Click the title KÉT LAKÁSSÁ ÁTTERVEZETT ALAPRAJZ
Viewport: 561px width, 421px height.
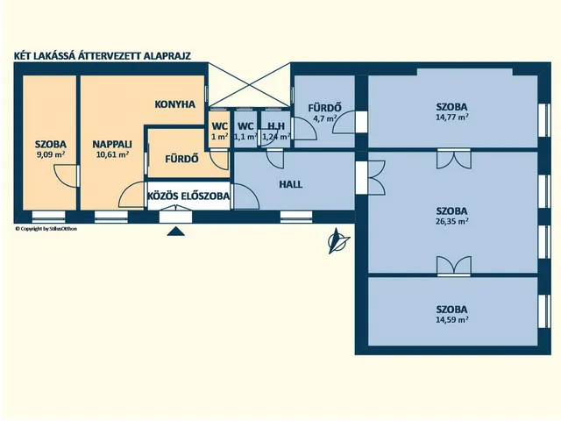[103, 54]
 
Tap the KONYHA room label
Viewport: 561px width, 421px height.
[174, 103]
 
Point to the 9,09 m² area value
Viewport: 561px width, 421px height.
[50, 155]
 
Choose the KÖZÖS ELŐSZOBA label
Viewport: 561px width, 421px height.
[188, 197]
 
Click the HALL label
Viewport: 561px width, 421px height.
[291, 185]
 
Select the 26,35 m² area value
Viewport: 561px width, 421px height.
[451, 222]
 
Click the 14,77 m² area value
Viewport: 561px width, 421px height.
[451, 117]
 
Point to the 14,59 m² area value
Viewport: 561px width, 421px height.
[451, 320]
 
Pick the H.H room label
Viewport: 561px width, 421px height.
[275, 125]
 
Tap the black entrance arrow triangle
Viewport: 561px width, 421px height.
[176, 232]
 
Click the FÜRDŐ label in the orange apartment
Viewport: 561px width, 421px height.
[181, 160]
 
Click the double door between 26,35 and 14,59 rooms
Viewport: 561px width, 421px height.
[452, 267]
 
